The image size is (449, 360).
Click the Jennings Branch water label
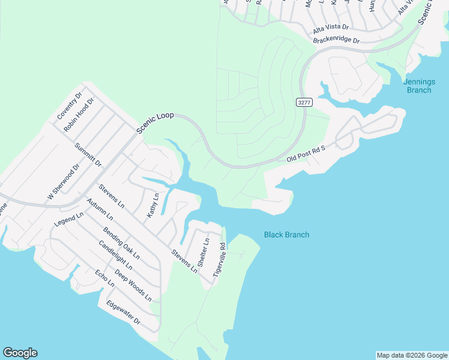click(x=417, y=86)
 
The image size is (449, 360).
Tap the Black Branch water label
click(x=286, y=235)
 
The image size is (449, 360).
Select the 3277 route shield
click(x=304, y=103)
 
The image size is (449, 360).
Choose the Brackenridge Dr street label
click(x=336, y=41)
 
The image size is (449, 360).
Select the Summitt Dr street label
click(x=88, y=155)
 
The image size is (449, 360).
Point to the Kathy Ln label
click(x=153, y=205)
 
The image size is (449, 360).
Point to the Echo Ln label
click(x=104, y=278)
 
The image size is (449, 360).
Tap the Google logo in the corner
click(x=20, y=353)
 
